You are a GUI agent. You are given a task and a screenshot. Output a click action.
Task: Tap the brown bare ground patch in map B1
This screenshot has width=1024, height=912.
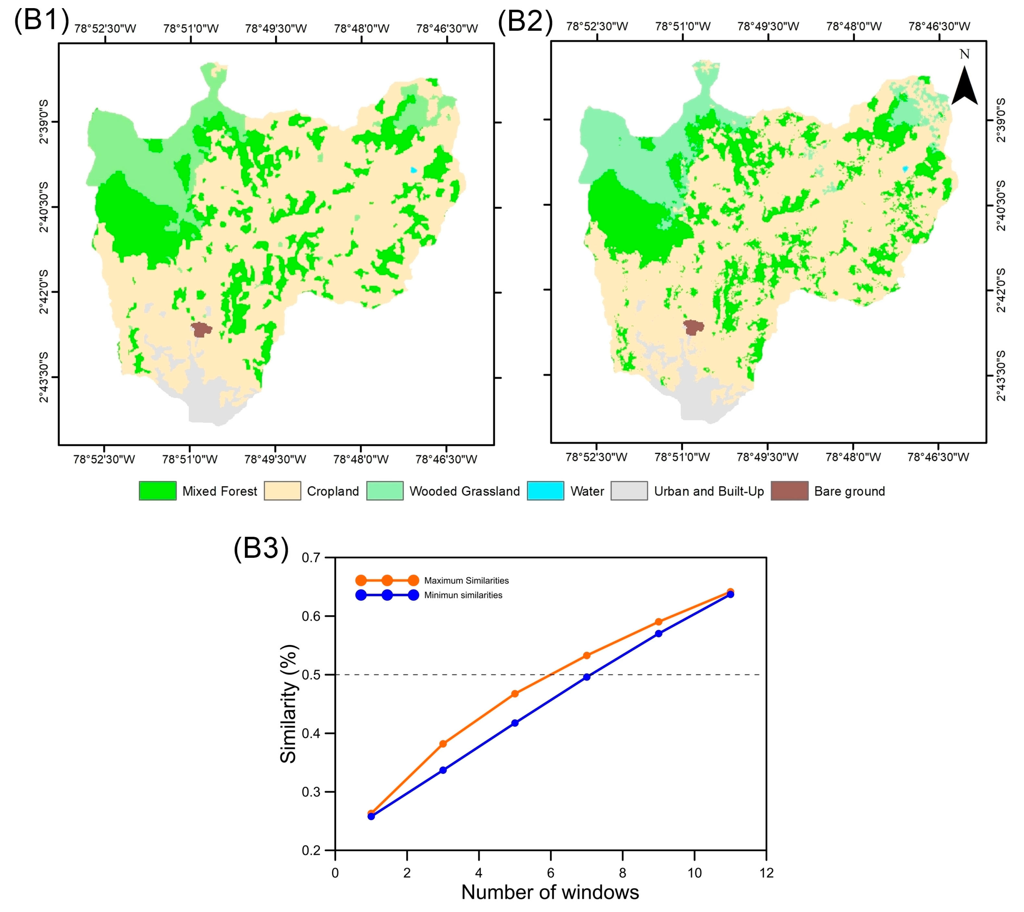(201, 329)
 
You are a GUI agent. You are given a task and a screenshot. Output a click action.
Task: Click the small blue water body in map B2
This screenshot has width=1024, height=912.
(905, 169)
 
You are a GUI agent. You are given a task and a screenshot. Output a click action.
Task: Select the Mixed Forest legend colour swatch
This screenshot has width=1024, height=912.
(157, 491)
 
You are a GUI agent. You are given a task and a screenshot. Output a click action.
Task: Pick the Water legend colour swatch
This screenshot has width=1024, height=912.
(545, 491)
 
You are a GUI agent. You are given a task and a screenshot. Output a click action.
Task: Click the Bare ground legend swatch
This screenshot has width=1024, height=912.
(789, 491)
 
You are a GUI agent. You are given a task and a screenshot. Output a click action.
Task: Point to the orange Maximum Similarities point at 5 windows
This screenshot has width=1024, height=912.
(515, 694)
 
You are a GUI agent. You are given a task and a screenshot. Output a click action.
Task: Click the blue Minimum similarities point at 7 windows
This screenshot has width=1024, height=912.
(587, 677)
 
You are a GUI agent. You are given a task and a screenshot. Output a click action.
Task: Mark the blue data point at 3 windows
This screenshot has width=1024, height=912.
(443, 770)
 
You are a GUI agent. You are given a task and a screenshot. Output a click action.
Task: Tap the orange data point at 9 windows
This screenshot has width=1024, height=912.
(658, 622)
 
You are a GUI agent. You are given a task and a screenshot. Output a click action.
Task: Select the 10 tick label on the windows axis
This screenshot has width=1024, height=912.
(694, 873)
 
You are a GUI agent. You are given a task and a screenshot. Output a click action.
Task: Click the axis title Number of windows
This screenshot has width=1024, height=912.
(550, 893)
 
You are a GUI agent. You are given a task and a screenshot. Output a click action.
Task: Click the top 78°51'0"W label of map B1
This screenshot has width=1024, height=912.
(190, 29)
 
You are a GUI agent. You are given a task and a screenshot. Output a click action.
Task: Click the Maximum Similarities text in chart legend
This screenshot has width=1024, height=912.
(466, 581)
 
